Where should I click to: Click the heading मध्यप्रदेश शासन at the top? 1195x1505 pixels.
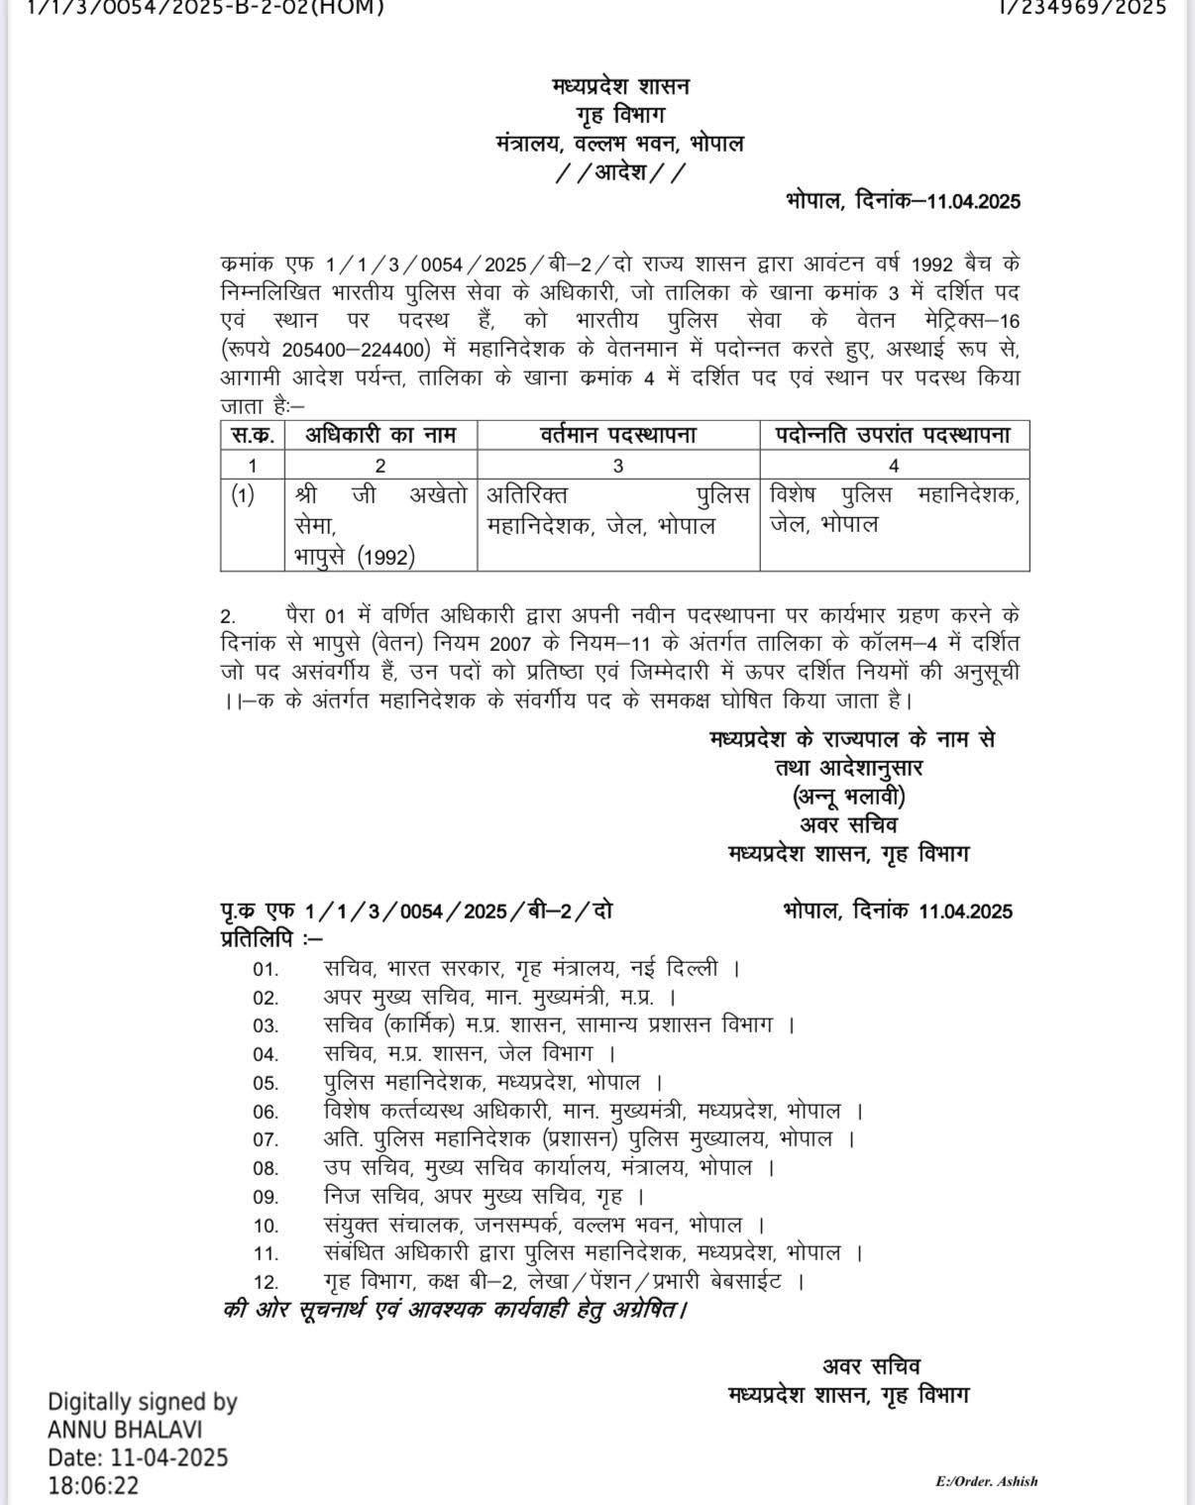621,86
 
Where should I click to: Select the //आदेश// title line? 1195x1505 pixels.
620,172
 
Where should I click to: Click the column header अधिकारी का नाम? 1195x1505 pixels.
380,435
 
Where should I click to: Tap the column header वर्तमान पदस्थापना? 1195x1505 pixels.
618,435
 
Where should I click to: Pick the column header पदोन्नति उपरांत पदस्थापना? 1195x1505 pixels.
894,435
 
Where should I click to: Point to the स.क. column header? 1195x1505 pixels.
253,435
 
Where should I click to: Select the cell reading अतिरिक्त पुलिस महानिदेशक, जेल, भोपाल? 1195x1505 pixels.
618,509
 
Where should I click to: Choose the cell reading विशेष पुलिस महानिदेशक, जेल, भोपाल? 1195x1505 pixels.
894,508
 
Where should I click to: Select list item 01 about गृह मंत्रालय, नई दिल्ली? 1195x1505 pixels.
531,967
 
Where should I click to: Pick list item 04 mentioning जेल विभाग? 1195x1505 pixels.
471,1053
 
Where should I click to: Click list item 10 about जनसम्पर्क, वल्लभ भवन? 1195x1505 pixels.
544,1225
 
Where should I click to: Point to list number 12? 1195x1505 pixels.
266,1282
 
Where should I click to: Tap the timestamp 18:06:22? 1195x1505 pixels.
94,1485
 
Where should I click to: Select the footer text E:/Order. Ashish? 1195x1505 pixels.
986,1481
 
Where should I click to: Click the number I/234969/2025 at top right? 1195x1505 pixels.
1082,7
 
